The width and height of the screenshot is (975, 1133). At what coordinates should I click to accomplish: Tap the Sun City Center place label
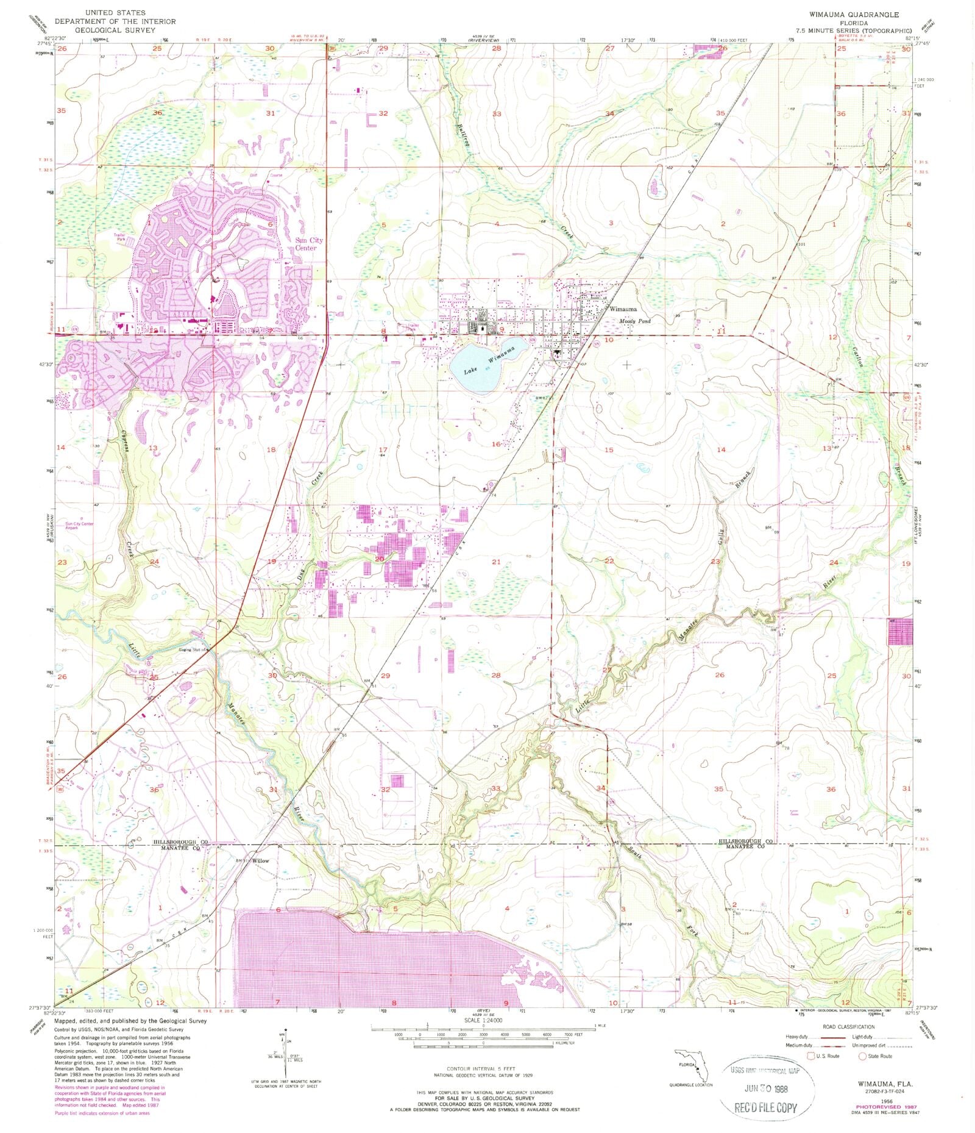click(309, 244)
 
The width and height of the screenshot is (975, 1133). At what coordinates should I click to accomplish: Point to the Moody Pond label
click(635, 321)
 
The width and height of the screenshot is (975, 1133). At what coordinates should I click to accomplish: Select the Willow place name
click(261, 860)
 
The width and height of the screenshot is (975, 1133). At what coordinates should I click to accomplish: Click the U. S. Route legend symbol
click(811, 1056)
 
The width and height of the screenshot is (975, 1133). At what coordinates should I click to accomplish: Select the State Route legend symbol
click(862, 1056)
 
